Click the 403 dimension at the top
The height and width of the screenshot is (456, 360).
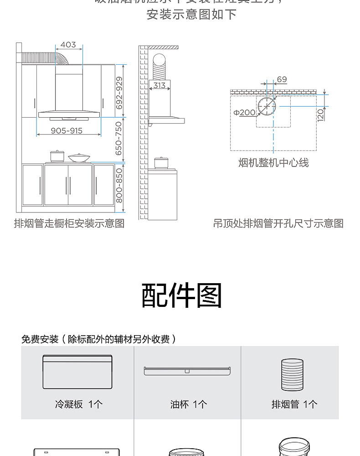coord(68,45)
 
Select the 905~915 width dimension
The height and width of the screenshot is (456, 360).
coord(67,131)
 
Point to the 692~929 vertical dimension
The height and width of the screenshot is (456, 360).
coord(119,93)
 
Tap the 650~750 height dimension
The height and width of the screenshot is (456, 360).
coord(119,138)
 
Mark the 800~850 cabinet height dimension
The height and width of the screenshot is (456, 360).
coord(119,186)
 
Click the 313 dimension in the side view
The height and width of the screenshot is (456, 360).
coord(159,85)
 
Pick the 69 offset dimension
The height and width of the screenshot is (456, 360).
coord(282,79)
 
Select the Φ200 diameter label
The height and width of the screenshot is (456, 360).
coord(245,112)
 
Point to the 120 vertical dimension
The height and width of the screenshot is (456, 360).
coord(320,114)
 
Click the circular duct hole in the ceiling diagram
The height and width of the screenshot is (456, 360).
coord(267,106)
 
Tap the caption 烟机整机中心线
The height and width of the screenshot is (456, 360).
coord(273,163)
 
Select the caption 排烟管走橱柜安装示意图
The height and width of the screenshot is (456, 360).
coord(69,223)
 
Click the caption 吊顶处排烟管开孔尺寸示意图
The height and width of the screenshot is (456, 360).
coord(278,223)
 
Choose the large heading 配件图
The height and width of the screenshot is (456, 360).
coord(182,295)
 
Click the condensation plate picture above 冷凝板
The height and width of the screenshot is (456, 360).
coord(77,372)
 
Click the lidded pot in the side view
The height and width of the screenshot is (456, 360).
coord(160,162)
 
